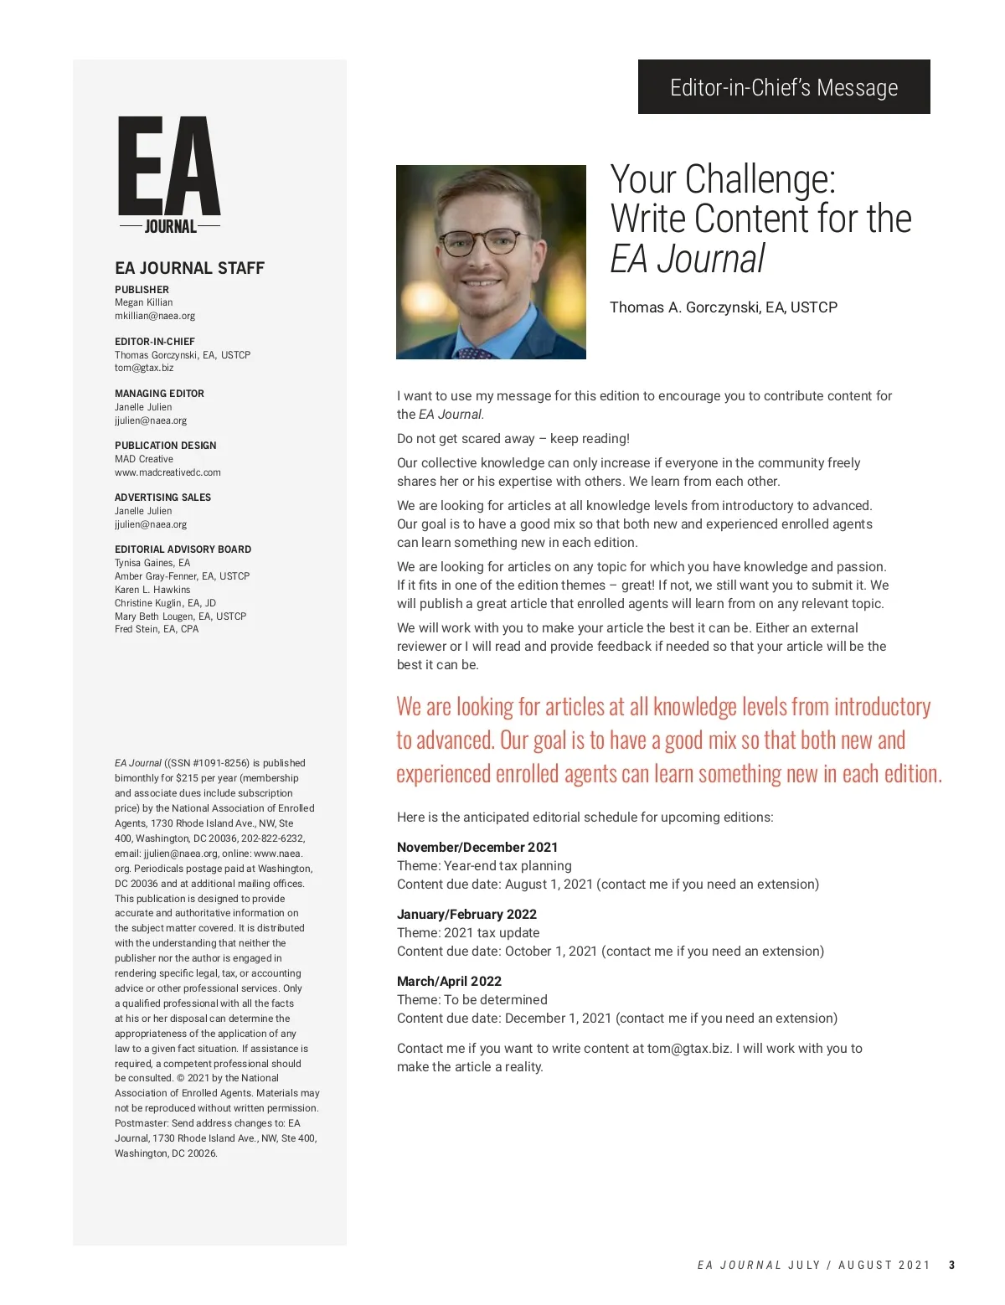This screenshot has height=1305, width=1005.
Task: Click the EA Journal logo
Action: tap(169, 174)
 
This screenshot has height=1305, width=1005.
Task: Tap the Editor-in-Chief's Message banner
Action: tap(784, 87)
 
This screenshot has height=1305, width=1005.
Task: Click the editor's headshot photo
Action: tap(491, 262)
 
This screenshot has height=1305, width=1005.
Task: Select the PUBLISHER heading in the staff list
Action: tap(142, 290)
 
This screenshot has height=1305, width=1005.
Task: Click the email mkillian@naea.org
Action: tap(155, 316)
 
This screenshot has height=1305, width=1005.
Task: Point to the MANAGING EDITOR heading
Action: tap(159, 394)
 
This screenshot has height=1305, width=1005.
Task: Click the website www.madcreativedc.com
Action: tap(167, 472)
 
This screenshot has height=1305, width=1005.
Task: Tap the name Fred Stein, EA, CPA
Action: tap(157, 629)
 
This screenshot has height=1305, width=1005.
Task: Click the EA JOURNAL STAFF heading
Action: tap(189, 268)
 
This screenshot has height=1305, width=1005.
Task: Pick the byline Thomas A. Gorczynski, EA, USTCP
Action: tap(723, 307)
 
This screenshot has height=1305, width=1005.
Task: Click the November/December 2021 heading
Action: tap(477, 848)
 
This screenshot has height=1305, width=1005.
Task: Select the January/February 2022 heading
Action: tap(466, 915)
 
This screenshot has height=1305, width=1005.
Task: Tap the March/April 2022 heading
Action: tap(449, 982)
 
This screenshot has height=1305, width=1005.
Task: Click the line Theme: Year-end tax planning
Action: tap(484, 866)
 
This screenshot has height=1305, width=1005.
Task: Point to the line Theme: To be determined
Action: tap(472, 1000)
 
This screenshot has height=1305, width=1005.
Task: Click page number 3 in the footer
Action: tap(951, 1266)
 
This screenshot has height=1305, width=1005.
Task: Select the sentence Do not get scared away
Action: tap(513, 439)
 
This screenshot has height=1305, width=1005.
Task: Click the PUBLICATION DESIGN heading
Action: tap(165, 446)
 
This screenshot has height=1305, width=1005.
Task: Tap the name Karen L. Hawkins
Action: tap(152, 590)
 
